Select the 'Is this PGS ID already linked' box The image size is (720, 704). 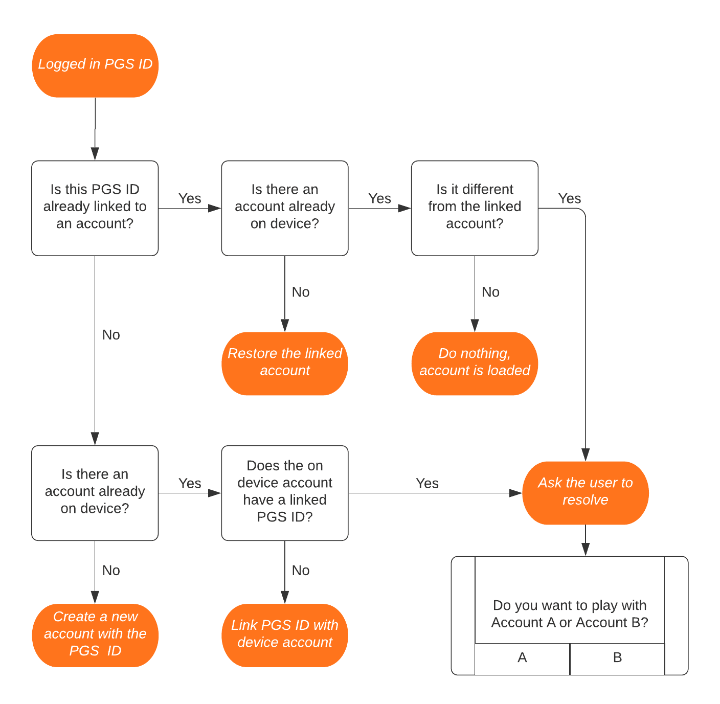tap(95, 208)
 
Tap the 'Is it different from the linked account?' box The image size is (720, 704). tap(475, 208)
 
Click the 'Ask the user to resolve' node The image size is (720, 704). tap(586, 492)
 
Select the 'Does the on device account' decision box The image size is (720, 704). tap(285, 492)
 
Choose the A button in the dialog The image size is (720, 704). tap(522, 658)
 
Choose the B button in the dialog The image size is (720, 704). tap(617, 658)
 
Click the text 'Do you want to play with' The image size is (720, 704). tap(570, 605)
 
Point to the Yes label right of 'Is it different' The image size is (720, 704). tap(570, 198)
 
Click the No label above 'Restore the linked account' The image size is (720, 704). tap(301, 292)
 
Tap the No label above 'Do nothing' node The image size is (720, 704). tap(490, 292)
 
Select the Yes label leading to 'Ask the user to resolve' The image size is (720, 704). tap(427, 483)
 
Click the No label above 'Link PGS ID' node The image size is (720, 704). tap(301, 571)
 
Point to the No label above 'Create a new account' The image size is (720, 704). tap(111, 571)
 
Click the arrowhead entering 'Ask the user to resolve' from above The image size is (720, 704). tap(586, 455)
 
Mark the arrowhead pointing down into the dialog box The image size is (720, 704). tap(586, 550)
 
